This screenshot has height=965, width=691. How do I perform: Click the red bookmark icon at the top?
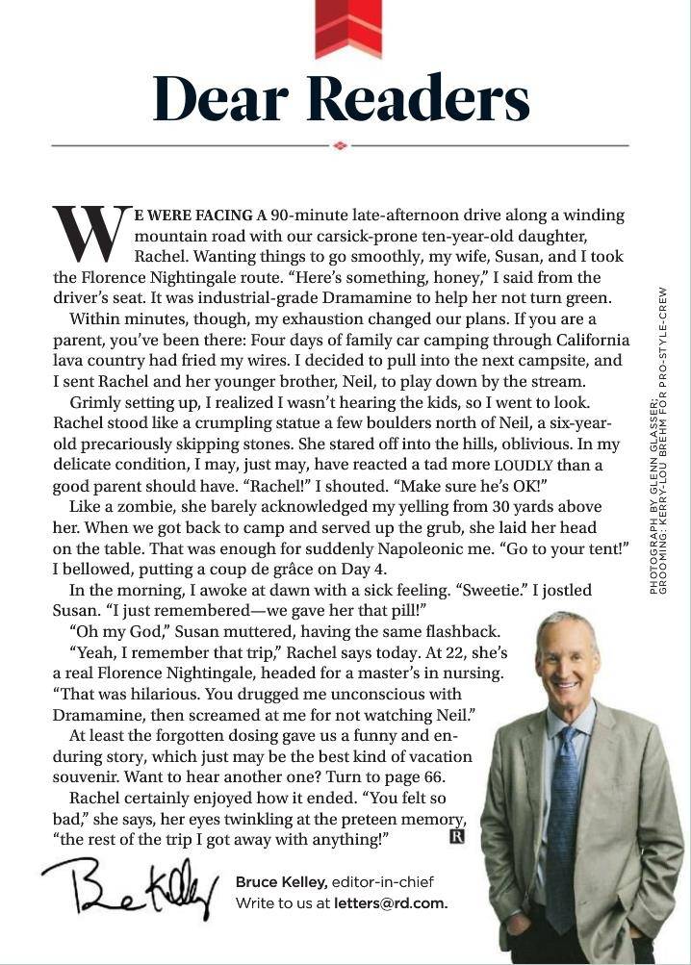(347, 25)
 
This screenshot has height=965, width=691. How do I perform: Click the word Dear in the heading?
(223, 97)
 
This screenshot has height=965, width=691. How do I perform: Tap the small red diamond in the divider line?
(339, 145)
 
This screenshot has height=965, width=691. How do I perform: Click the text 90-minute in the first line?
(304, 215)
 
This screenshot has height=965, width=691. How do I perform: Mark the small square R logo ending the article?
(457, 836)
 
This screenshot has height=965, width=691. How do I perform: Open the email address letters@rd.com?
(390, 903)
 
